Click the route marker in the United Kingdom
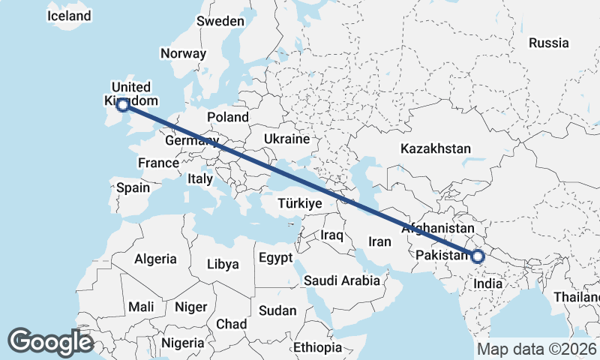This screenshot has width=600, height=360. pyautogui.click(x=124, y=106)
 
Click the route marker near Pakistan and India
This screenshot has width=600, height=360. pyautogui.click(x=478, y=256)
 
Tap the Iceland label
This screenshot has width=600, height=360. pyautogui.click(x=69, y=16)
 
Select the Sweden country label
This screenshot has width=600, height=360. pyautogui.click(x=220, y=21)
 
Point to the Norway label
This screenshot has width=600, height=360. pyautogui.click(x=183, y=53)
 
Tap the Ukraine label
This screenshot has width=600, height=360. pyautogui.click(x=286, y=139)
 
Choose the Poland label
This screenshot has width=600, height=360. pyautogui.click(x=228, y=117)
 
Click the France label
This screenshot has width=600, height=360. pyautogui.click(x=158, y=163)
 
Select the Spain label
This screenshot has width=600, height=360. pyautogui.click(x=133, y=187)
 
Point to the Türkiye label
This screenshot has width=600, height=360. pyautogui.click(x=299, y=203)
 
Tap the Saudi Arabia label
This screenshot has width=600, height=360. pyautogui.click(x=342, y=280)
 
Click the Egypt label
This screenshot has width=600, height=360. pyautogui.click(x=274, y=257)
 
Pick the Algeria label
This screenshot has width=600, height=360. pyautogui.click(x=155, y=259)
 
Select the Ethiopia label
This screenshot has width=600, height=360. pyautogui.click(x=317, y=347)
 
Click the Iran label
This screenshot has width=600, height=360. pyautogui.click(x=379, y=241)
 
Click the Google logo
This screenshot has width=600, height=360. pyautogui.click(x=50, y=342)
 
